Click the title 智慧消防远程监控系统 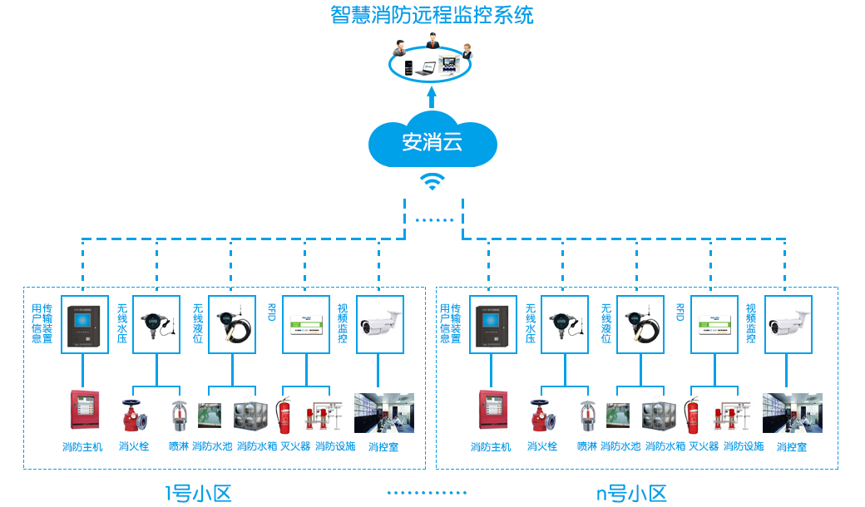click(432, 15)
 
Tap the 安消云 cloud click(432, 141)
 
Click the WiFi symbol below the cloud click(432, 181)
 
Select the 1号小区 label click(198, 493)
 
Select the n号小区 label click(632, 493)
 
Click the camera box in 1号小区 click(381, 324)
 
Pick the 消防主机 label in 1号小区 click(82, 447)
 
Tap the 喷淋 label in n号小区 click(587, 447)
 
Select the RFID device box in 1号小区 click(307, 324)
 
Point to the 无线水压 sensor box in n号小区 click(566, 324)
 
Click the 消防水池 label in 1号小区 click(212, 447)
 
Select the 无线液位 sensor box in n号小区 click(640, 324)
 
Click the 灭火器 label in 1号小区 click(295, 447)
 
